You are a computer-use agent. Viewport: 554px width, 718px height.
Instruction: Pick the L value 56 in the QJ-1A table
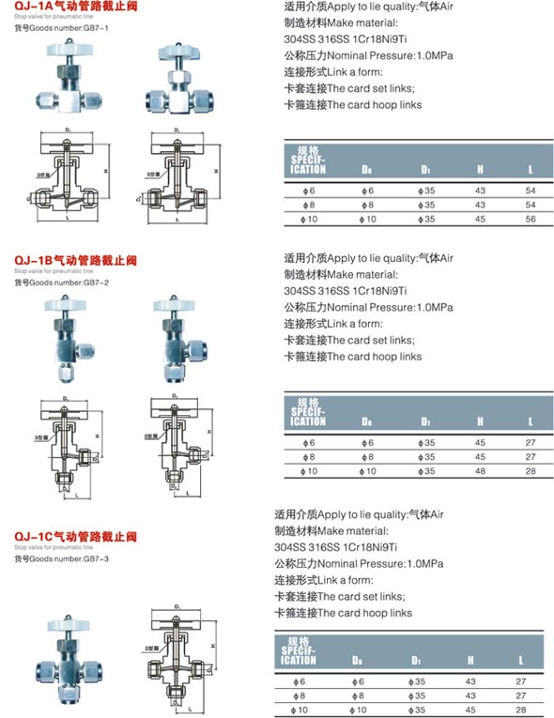coord(531,219)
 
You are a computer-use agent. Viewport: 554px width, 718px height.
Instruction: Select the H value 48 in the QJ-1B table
coord(480,470)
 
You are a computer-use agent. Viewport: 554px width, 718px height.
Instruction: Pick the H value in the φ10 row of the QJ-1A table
coord(480,219)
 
